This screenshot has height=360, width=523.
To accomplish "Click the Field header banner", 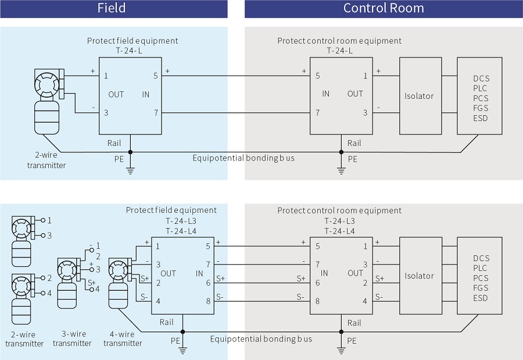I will pos(113,9).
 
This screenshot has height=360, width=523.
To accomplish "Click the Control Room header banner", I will pos(384,9).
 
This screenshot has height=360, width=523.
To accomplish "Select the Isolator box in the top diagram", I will pos(419,95).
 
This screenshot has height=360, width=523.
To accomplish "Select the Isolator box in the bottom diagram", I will pos(419,276).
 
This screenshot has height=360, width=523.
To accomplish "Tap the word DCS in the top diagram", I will pos(481,79).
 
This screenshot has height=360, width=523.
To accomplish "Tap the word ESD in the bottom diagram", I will pos(481,298).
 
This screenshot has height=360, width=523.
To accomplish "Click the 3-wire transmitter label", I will pos(72,338).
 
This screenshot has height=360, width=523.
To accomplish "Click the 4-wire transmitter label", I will pos(123,338).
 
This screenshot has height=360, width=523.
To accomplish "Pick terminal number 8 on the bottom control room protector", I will pos(317,301).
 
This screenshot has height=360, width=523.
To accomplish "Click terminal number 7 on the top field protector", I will pos(155,113).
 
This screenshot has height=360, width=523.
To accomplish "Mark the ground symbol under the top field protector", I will pos(130,170).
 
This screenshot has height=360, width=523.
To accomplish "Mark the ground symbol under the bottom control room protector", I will pos(341,350).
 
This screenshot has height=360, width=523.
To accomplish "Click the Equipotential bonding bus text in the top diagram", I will pos(243,158).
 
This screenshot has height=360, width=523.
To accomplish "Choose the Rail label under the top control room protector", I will pos(354,143).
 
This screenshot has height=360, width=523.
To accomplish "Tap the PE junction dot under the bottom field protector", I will pos(182,332).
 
